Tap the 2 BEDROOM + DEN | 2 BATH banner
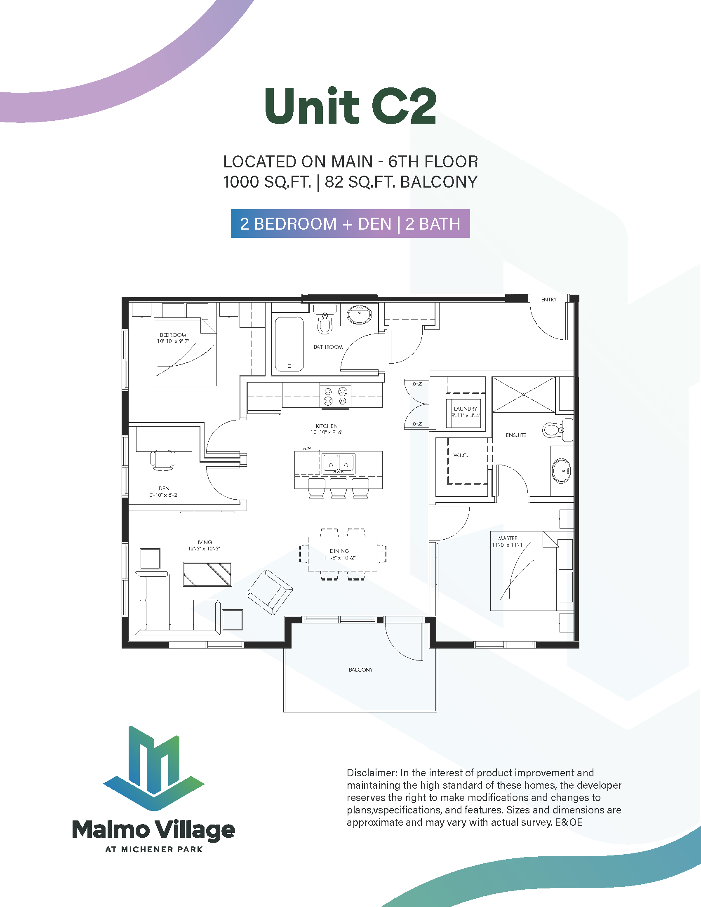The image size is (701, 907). (350, 223)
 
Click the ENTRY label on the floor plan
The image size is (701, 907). (548, 299)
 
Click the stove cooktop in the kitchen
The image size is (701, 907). (335, 395)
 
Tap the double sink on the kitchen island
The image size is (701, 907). (339, 463)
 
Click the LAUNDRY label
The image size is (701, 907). (465, 409)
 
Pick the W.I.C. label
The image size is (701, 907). (461, 456)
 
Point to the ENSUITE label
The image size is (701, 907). (516, 435)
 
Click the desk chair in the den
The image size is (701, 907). (162, 460)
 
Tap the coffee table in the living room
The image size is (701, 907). (208, 574)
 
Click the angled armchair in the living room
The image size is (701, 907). (270, 592)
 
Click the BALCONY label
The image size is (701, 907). (360, 670)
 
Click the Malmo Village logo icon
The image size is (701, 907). (154, 768)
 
